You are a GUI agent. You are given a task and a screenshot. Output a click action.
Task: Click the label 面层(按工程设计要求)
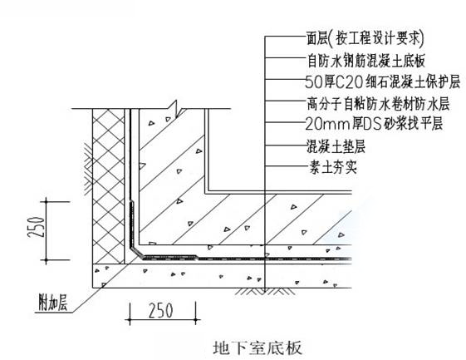tap(365, 39)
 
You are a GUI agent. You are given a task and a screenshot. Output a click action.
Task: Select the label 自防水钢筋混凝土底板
tap(366, 61)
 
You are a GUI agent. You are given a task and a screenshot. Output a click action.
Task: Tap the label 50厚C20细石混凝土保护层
tap(383, 81)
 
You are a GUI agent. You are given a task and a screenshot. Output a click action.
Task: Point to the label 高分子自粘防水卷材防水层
tap(378, 104)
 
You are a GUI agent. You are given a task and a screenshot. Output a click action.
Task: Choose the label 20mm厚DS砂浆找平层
tap(374, 124)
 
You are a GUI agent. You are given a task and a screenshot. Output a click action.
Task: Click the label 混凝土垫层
tap(336, 146)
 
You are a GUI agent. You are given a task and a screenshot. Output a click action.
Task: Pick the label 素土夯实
tap(333, 166)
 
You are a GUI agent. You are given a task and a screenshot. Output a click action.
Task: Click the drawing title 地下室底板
tap(258, 348)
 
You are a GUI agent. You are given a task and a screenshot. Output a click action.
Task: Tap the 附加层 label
tap(53, 302)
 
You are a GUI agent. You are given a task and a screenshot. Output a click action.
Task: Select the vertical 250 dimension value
tap(37, 227)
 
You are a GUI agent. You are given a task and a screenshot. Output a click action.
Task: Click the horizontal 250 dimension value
tap(160, 310)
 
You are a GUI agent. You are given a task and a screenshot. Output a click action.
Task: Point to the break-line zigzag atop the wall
tap(174, 109)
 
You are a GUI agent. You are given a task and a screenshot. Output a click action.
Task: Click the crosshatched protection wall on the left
tap(109, 186)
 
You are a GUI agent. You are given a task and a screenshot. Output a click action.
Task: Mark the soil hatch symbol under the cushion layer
tap(261, 291)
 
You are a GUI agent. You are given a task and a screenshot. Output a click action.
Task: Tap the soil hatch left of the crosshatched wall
tap(88, 169)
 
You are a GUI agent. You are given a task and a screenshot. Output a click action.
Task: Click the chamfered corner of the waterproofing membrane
tap(136, 251)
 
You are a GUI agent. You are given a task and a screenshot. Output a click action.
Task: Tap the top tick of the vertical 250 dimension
tap(46, 202)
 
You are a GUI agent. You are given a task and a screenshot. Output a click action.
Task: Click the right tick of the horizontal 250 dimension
tap(196, 320)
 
